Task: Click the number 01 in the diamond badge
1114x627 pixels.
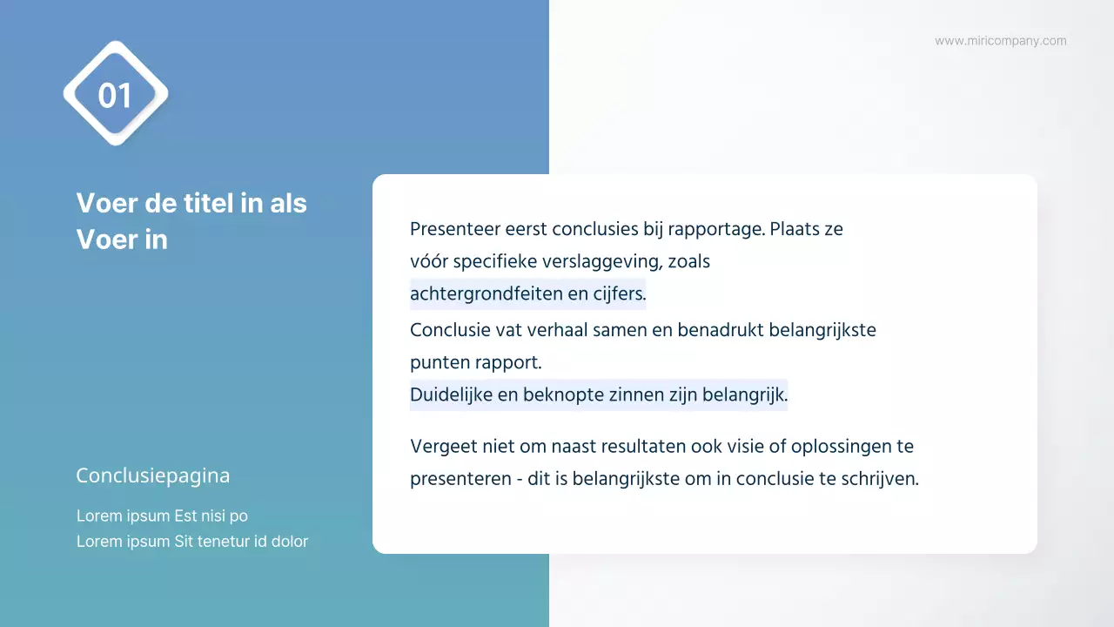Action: (115, 95)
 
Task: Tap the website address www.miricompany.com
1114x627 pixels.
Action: (1000, 41)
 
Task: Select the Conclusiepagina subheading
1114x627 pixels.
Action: (153, 475)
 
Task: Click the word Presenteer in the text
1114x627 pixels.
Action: (451, 229)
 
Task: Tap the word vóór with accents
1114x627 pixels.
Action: (428, 261)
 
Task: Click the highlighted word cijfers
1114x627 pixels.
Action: (619, 294)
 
